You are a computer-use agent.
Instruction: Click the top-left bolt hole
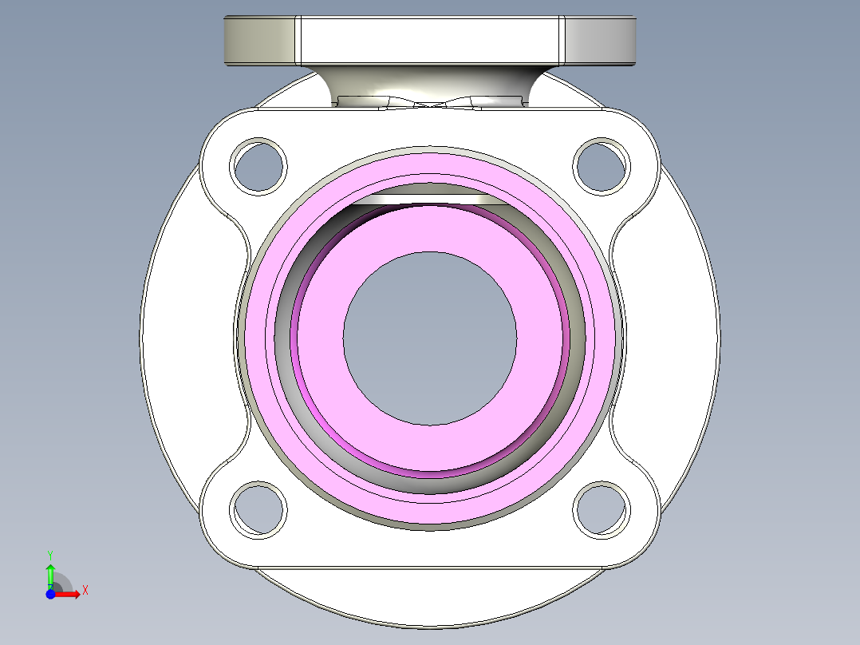(x=258, y=166)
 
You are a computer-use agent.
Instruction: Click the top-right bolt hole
(x=602, y=166)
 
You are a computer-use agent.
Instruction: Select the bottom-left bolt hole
(x=258, y=508)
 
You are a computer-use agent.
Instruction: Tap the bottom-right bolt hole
(x=602, y=508)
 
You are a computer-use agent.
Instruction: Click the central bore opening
(x=430, y=338)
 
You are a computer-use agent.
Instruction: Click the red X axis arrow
(x=70, y=593)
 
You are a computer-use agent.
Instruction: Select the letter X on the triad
(x=85, y=591)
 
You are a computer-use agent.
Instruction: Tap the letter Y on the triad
(x=50, y=554)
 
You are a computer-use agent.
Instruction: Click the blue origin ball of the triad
(x=50, y=593)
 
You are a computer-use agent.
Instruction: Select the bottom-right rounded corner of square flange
(x=643, y=543)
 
